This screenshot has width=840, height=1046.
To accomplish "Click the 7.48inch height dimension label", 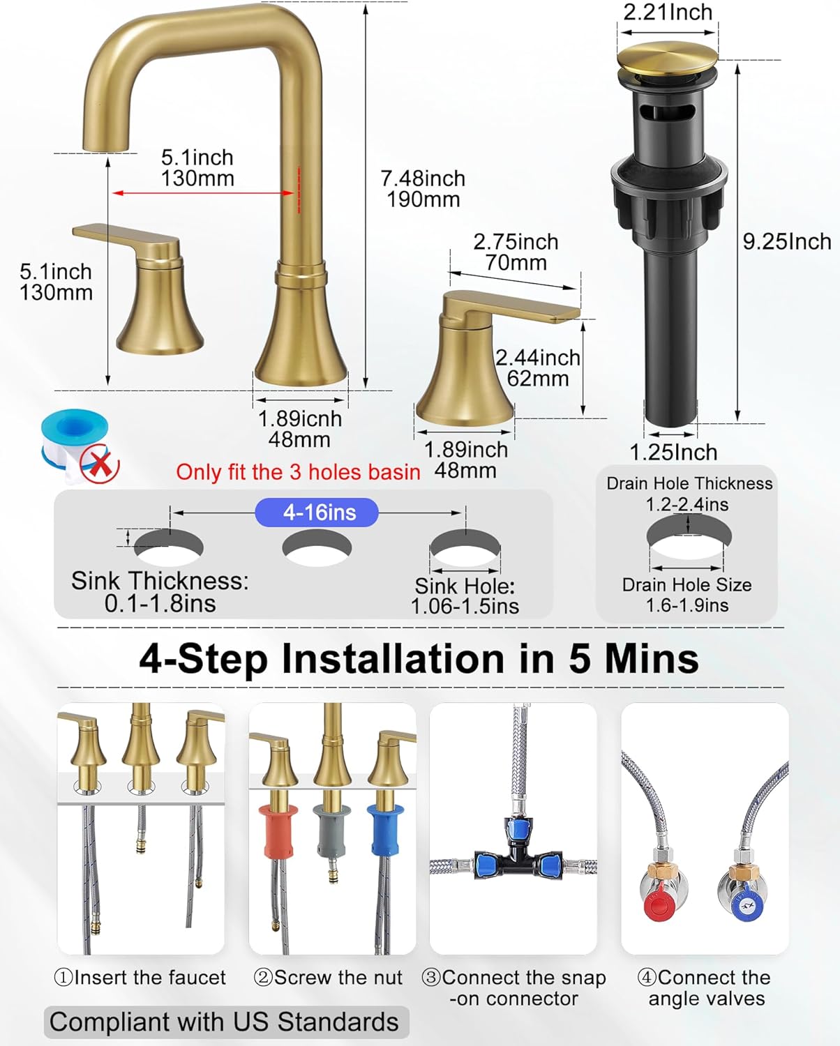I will tap(423, 189).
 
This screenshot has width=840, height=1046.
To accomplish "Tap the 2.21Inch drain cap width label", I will tap(668, 13).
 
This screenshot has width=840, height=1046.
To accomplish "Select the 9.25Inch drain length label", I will tap(786, 241).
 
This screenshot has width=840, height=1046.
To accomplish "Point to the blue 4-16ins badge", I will tap(317, 513).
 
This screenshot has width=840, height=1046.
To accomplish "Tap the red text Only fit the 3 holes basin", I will tap(298, 472).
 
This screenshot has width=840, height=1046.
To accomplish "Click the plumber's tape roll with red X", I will tap(78, 446).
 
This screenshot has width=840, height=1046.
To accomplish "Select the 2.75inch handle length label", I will tap(516, 252).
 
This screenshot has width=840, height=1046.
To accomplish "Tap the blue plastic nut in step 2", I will tap(387, 828).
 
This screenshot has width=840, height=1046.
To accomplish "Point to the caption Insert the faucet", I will tap(140, 978).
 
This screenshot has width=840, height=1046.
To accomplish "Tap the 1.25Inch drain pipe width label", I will tap(673, 453).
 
